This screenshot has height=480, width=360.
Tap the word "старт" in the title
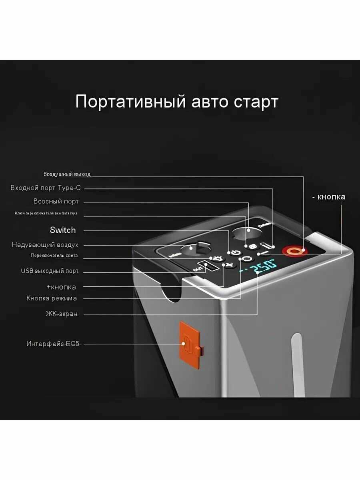254,102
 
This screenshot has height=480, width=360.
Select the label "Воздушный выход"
67,174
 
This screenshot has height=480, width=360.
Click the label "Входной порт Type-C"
46,188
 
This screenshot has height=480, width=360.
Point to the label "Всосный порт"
56,201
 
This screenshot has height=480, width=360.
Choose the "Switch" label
62,230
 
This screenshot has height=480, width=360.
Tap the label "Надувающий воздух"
45,245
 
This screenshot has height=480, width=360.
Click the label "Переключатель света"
54,256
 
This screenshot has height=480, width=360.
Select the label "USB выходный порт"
50,271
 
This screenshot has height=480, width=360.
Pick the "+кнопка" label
61,287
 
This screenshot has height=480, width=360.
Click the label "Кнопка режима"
52,298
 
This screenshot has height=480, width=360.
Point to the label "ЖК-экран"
61,314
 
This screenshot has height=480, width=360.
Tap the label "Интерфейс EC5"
53,344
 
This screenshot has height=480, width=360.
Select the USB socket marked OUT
209,266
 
